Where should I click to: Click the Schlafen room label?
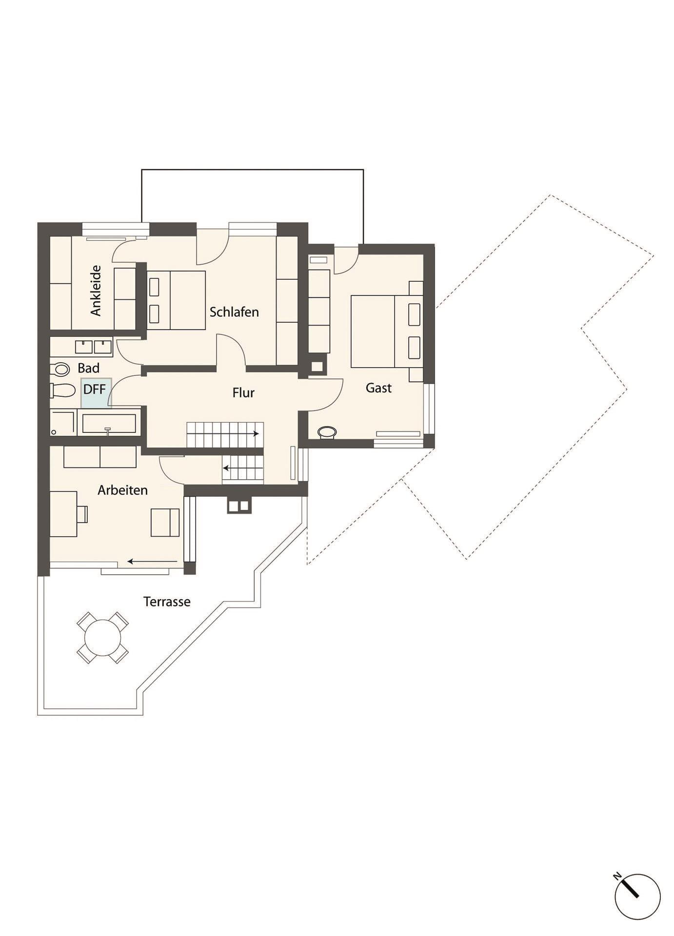point(234,312)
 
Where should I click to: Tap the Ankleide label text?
point(96,291)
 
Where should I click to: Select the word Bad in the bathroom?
point(88,368)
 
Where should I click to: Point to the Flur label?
point(243,393)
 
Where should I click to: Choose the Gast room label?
point(378,388)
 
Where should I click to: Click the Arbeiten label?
point(122,490)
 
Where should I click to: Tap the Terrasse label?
point(167,602)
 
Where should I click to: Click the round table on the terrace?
point(102,638)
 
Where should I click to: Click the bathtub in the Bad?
point(109,424)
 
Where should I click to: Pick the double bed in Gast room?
point(387,331)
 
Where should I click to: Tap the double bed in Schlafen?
point(176,300)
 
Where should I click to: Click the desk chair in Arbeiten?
point(82,514)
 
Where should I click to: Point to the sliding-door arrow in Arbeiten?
point(153,562)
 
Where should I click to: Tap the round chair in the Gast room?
point(327,432)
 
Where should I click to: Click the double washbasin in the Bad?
point(94,346)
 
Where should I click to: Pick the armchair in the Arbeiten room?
point(165,523)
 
